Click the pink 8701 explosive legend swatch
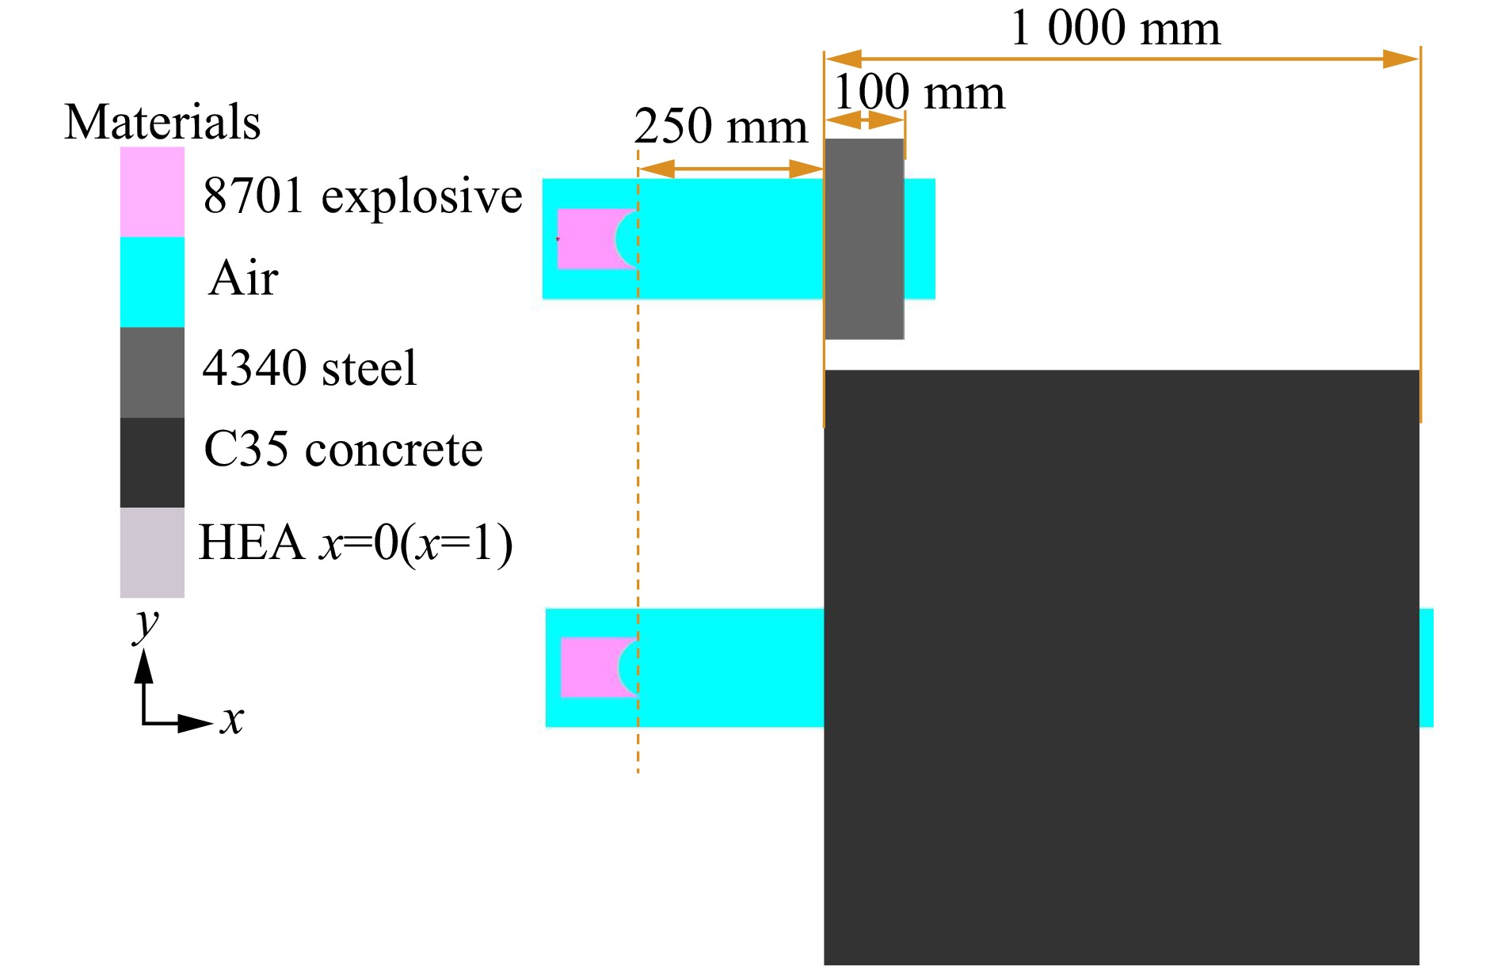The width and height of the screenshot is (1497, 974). [152, 192]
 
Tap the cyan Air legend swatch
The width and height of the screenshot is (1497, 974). [152, 282]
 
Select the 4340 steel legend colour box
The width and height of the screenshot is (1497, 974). [152, 372]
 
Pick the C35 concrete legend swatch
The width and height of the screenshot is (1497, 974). [152, 462]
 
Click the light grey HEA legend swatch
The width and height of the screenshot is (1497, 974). [152, 553]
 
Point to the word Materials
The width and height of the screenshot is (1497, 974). [162, 122]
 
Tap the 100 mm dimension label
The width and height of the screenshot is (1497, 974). [919, 93]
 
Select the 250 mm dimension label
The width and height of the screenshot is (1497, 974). [721, 126]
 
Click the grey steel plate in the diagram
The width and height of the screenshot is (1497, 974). [864, 239]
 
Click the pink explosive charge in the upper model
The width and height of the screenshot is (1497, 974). [586, 239]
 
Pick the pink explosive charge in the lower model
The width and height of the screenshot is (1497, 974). [589, 668]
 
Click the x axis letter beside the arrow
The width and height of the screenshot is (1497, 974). [232, 720]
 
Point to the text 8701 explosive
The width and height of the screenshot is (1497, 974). [363, 196]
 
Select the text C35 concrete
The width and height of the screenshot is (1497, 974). [343, 450]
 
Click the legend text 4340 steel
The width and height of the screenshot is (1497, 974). [309, 368]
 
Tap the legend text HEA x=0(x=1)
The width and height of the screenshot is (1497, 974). [356, 543]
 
